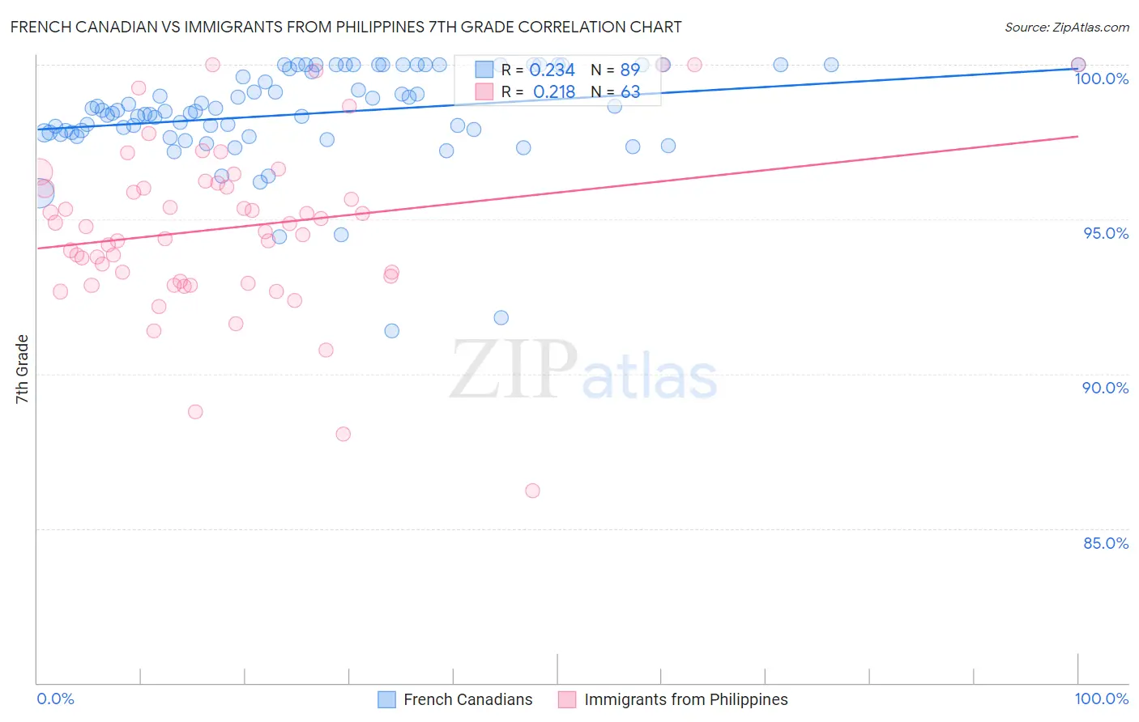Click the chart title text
pyautogui.click(x=346, y=27)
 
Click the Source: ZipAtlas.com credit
pyautogui.click(x=1066, y=27)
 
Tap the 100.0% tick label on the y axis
pyautogui.click(x=1101, y=79)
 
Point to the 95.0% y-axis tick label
pyautogui.click(x=1105, y=233)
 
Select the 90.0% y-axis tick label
pyautogui.click(x=1105, y=388)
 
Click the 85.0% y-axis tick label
pyautogui.click(x=1105, y=543)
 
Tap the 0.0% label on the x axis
pyautogui.click(x=55, y=699)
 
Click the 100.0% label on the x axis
pyautogui.click(x=1101, y=699)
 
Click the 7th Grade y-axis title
pyautogui.click(x=22, y=368)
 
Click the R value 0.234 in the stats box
pyautogui.click(x=552, y=70)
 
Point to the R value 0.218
pyautogui.click(x=553, y=92)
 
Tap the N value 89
pyautogui.click(x=629, y=70)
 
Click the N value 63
pyautogui.click(x=629, y=92)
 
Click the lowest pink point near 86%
pyautogui.click(x=532, y=491)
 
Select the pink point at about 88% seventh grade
pyautogui.click(x=343, y=434)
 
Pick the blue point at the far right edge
pyautogui.click(x=1078, y=65)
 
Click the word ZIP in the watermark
pyautogui.click(x=513, y=370)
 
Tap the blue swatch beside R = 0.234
pyautogui.click(x=484, y=70)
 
